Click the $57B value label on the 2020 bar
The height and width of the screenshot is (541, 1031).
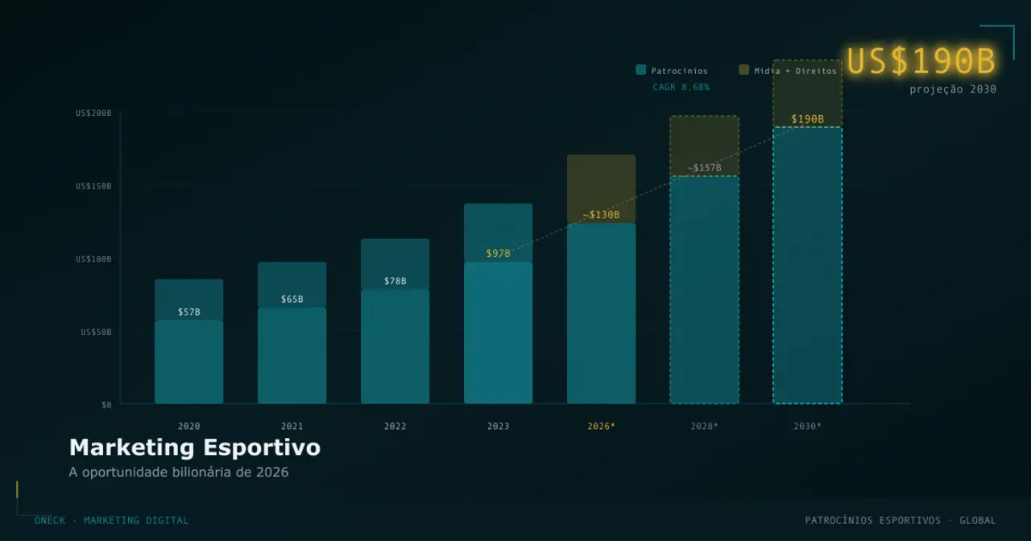point(188,312)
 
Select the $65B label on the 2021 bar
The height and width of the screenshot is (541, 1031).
point(292,299)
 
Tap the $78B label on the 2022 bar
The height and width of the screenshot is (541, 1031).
point(395,281)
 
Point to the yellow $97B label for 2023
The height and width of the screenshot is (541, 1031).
point(498,254)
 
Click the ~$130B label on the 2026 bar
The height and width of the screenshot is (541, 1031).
point(601,215)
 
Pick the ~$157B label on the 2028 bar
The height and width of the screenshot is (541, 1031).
point(704,168)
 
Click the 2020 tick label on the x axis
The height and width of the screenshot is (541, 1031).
point(188,426)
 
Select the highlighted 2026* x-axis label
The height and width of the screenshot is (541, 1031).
point(601,426)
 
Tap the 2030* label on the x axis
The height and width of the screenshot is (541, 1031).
point(807,426)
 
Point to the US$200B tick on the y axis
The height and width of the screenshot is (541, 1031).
point(93,114)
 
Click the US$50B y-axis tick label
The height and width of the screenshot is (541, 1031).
point(96,332)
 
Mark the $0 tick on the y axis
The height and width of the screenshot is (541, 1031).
point(106,405)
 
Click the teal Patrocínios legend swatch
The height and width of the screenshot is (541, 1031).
point(640,70)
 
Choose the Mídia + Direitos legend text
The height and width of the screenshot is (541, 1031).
point(795,71)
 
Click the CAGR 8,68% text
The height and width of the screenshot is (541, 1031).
point(681,87)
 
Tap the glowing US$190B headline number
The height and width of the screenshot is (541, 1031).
point(921,61)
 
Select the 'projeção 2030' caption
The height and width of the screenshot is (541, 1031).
point(953,89)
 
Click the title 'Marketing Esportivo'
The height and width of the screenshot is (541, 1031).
point(194,448)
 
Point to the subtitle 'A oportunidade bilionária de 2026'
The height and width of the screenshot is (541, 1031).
point(178,472)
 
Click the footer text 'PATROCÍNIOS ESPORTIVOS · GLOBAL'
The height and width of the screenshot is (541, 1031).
point(900,520)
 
